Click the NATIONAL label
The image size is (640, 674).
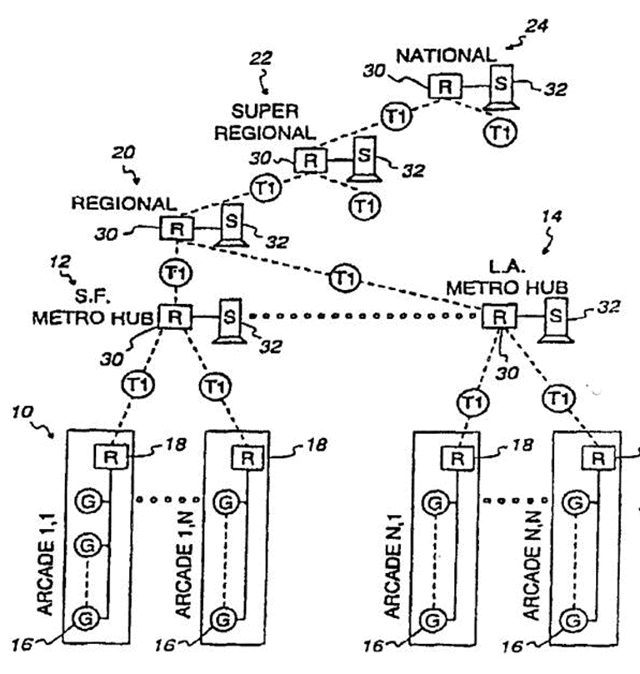pos(446,56)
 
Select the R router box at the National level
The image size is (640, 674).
pos(445,87)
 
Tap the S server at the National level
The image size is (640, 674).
pos(501,86)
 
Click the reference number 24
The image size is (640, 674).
pos(537,26)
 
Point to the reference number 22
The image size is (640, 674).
pos(261,58)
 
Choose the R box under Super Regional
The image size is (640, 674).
pos(310,160)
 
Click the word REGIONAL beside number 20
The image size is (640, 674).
pos(124,203)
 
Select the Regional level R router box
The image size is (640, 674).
pos(177,227)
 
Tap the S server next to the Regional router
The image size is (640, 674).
pos(232,225)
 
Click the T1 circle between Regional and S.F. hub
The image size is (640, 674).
pos(176,273)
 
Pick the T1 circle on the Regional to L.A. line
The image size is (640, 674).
pos(345,277)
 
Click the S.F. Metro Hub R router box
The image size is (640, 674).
pos(175,317)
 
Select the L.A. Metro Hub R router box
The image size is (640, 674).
pos(499,317)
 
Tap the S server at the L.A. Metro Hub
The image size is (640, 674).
pos(555,318)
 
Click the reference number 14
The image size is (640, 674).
pos(552,217)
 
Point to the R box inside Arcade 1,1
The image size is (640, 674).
pos(111,457)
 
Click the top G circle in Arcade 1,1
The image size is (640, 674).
pos(87,502)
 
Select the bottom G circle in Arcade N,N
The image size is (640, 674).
pos(573,620)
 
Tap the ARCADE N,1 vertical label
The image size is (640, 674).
pos(393,566)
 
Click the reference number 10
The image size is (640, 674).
pos(22,412)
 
